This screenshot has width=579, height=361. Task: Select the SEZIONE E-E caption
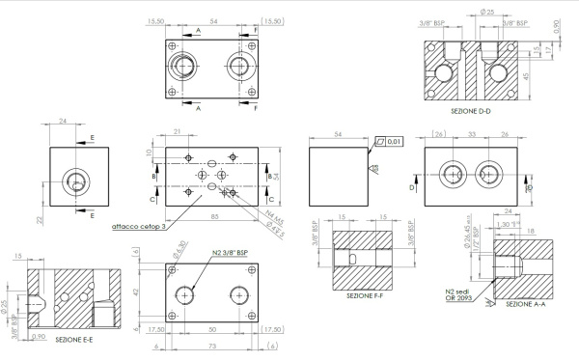point(73,341)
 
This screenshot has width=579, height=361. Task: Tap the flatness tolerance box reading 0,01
point(392,141)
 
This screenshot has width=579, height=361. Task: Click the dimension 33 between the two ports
point(472,134)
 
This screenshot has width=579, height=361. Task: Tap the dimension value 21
point(178,132)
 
